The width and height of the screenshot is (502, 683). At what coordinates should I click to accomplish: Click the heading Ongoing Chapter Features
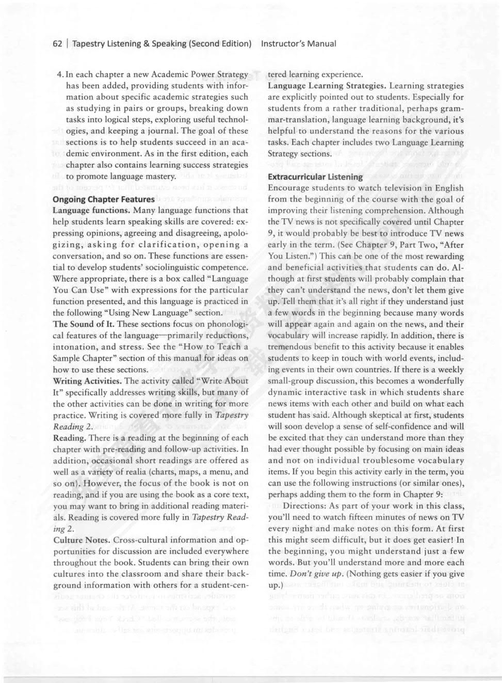[104, 199]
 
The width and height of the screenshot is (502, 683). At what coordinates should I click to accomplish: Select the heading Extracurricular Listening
[315, 177]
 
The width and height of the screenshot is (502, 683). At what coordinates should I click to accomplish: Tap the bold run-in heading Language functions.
[91, 211]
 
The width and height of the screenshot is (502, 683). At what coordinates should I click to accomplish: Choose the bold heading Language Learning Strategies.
[327, 86]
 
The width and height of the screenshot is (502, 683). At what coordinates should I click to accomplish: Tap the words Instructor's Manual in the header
[299, 44]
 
